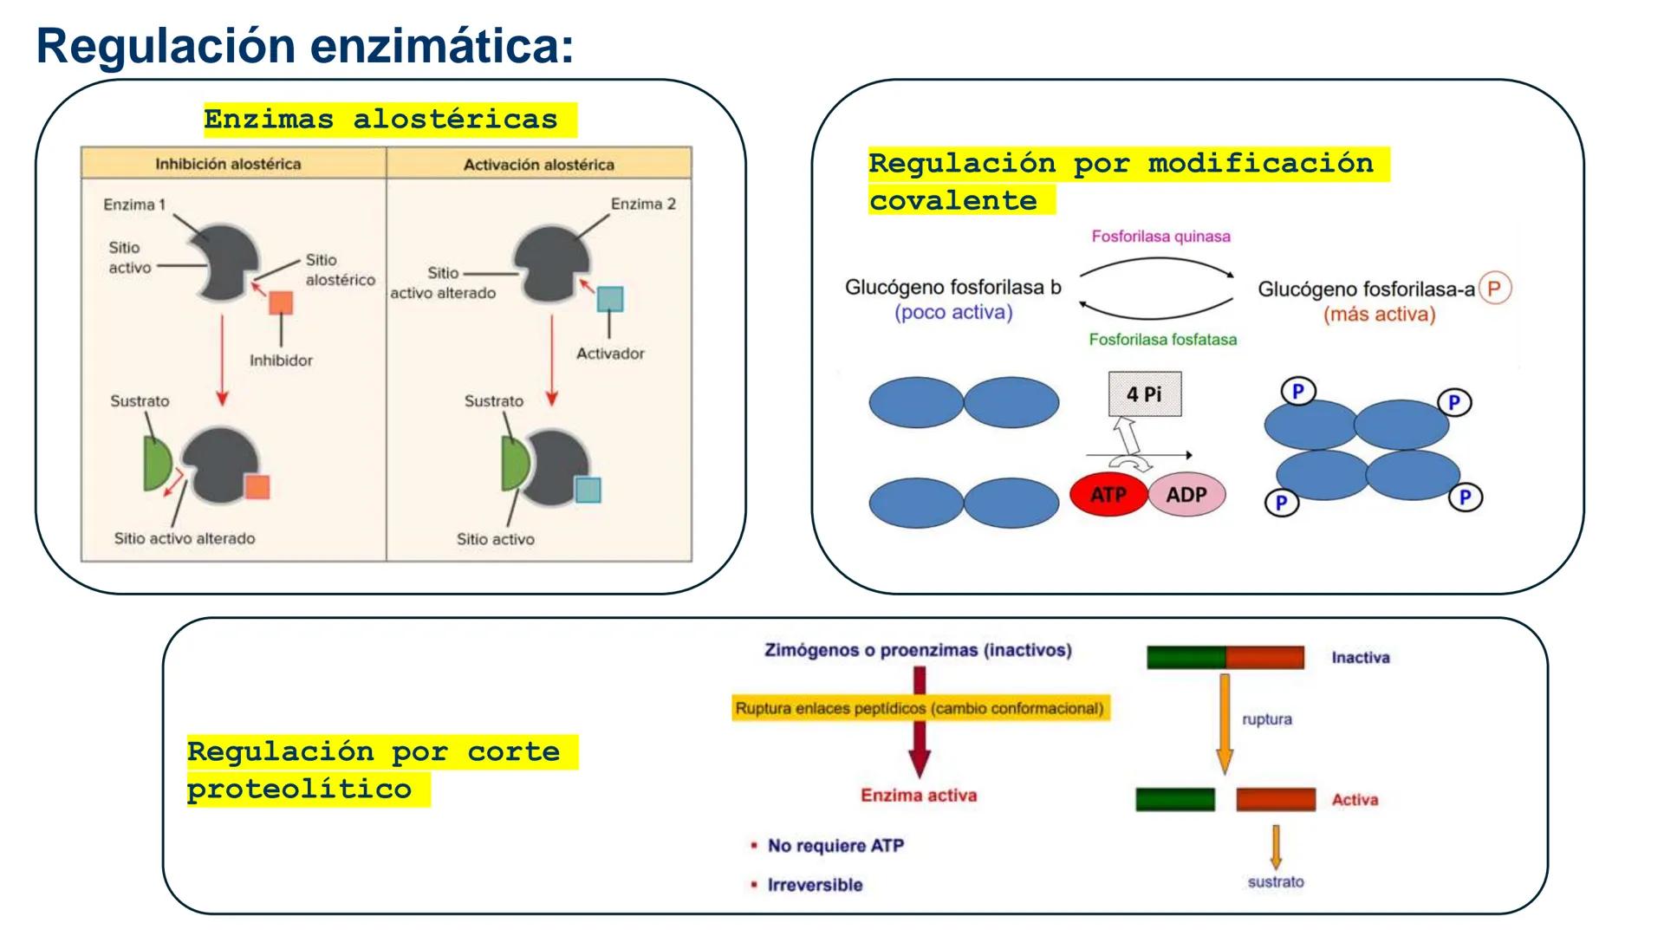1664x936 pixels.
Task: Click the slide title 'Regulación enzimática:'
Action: (305, 45)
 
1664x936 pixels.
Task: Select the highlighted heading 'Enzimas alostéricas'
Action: (381, 119)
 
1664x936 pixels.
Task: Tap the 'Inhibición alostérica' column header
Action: (228, 164)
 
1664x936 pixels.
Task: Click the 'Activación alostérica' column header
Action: (538, 165)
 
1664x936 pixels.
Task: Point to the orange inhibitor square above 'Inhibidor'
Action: (281, 302)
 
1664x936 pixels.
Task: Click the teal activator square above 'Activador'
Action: (610, 299)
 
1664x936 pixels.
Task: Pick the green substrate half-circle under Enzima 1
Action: (157, 465)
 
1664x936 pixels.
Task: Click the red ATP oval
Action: (1108, 495)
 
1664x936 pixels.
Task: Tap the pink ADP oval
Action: (1186, 495)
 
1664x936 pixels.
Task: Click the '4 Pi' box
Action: (1144, 394)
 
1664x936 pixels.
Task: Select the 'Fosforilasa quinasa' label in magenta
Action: (1160, 236)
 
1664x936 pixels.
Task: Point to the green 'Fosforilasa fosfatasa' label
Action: (1162, 340)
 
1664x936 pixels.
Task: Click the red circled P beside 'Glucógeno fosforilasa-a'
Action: (1494, 289)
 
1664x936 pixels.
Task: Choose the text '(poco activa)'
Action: (953, 312)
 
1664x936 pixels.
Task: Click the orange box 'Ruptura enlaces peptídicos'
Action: (920, 708)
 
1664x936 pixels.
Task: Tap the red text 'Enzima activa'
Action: (919, 795)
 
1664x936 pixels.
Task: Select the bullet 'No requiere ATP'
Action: (835, 845)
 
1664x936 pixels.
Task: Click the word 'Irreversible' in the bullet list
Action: (815, 885)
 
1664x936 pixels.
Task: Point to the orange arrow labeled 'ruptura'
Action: (1225, 723)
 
